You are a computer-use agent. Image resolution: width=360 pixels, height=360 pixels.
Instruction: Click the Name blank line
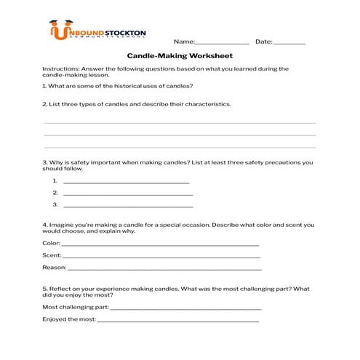click(x=223, y=44)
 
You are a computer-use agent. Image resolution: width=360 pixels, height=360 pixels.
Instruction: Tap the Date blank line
click(x=290, y=44)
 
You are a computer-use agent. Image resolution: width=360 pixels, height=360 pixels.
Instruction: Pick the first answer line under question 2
click(x=180, y=123)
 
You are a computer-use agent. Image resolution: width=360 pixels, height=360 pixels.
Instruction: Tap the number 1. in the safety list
click(x=55, y=181)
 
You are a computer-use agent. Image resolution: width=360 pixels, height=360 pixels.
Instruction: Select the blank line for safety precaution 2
click(x=128, y=195)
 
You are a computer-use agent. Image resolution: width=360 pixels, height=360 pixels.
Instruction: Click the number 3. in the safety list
click(x=55, y=206)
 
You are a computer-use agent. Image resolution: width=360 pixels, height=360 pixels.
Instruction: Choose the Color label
click(x=51, y=243)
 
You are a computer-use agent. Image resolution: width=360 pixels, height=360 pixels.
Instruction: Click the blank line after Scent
click(x=161, y=257)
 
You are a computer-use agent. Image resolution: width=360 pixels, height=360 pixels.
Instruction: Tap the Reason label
click(x=55, y=268)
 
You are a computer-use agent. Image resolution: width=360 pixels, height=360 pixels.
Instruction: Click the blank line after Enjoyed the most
click(x=177, y=320)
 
